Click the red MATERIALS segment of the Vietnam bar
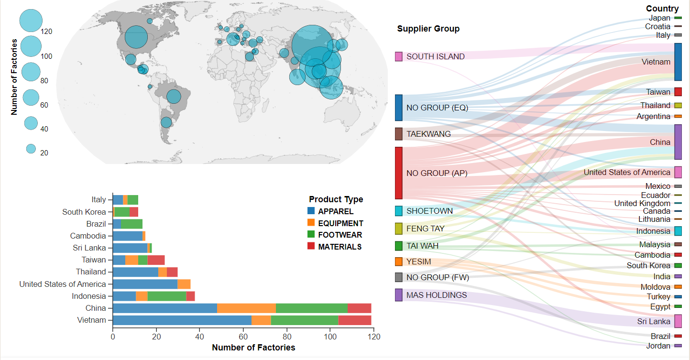[354, 320]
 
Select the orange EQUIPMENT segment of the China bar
[246, 308]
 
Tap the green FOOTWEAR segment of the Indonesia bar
[167, 296]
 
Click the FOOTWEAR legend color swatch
[311, 235]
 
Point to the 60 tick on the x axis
[243, 337]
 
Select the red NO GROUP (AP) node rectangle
[398, 173]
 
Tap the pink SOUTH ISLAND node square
[398, 56]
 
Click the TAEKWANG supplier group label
[428, 134]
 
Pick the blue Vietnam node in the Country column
[678, 62]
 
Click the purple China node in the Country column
[678, 142]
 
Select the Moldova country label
[655, 287]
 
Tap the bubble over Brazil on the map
[174, 97]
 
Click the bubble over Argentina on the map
[166, 122]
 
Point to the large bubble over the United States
[136, 37]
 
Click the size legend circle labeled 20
[31, 149]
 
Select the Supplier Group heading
[428, 29]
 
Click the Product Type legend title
[336, 199]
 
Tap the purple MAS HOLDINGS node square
[398, 295]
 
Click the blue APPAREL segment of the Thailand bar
[135, 272]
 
